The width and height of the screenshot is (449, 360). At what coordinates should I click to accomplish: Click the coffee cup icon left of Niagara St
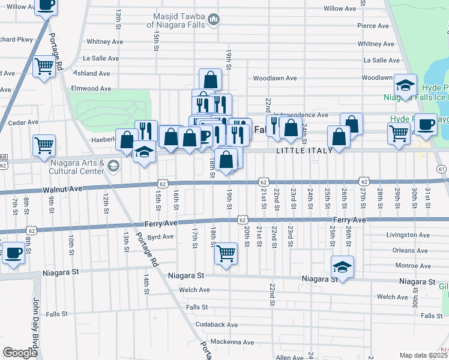coord(13,253)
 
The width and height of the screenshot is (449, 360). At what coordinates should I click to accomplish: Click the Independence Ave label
coord(301,115)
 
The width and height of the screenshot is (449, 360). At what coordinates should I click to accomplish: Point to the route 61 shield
coord(441,169)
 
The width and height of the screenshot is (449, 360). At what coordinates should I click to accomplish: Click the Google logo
coord(20,352)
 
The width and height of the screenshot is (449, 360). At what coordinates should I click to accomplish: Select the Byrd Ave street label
coord(160,237)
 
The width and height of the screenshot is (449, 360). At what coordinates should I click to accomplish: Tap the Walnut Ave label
coord(62,189)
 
